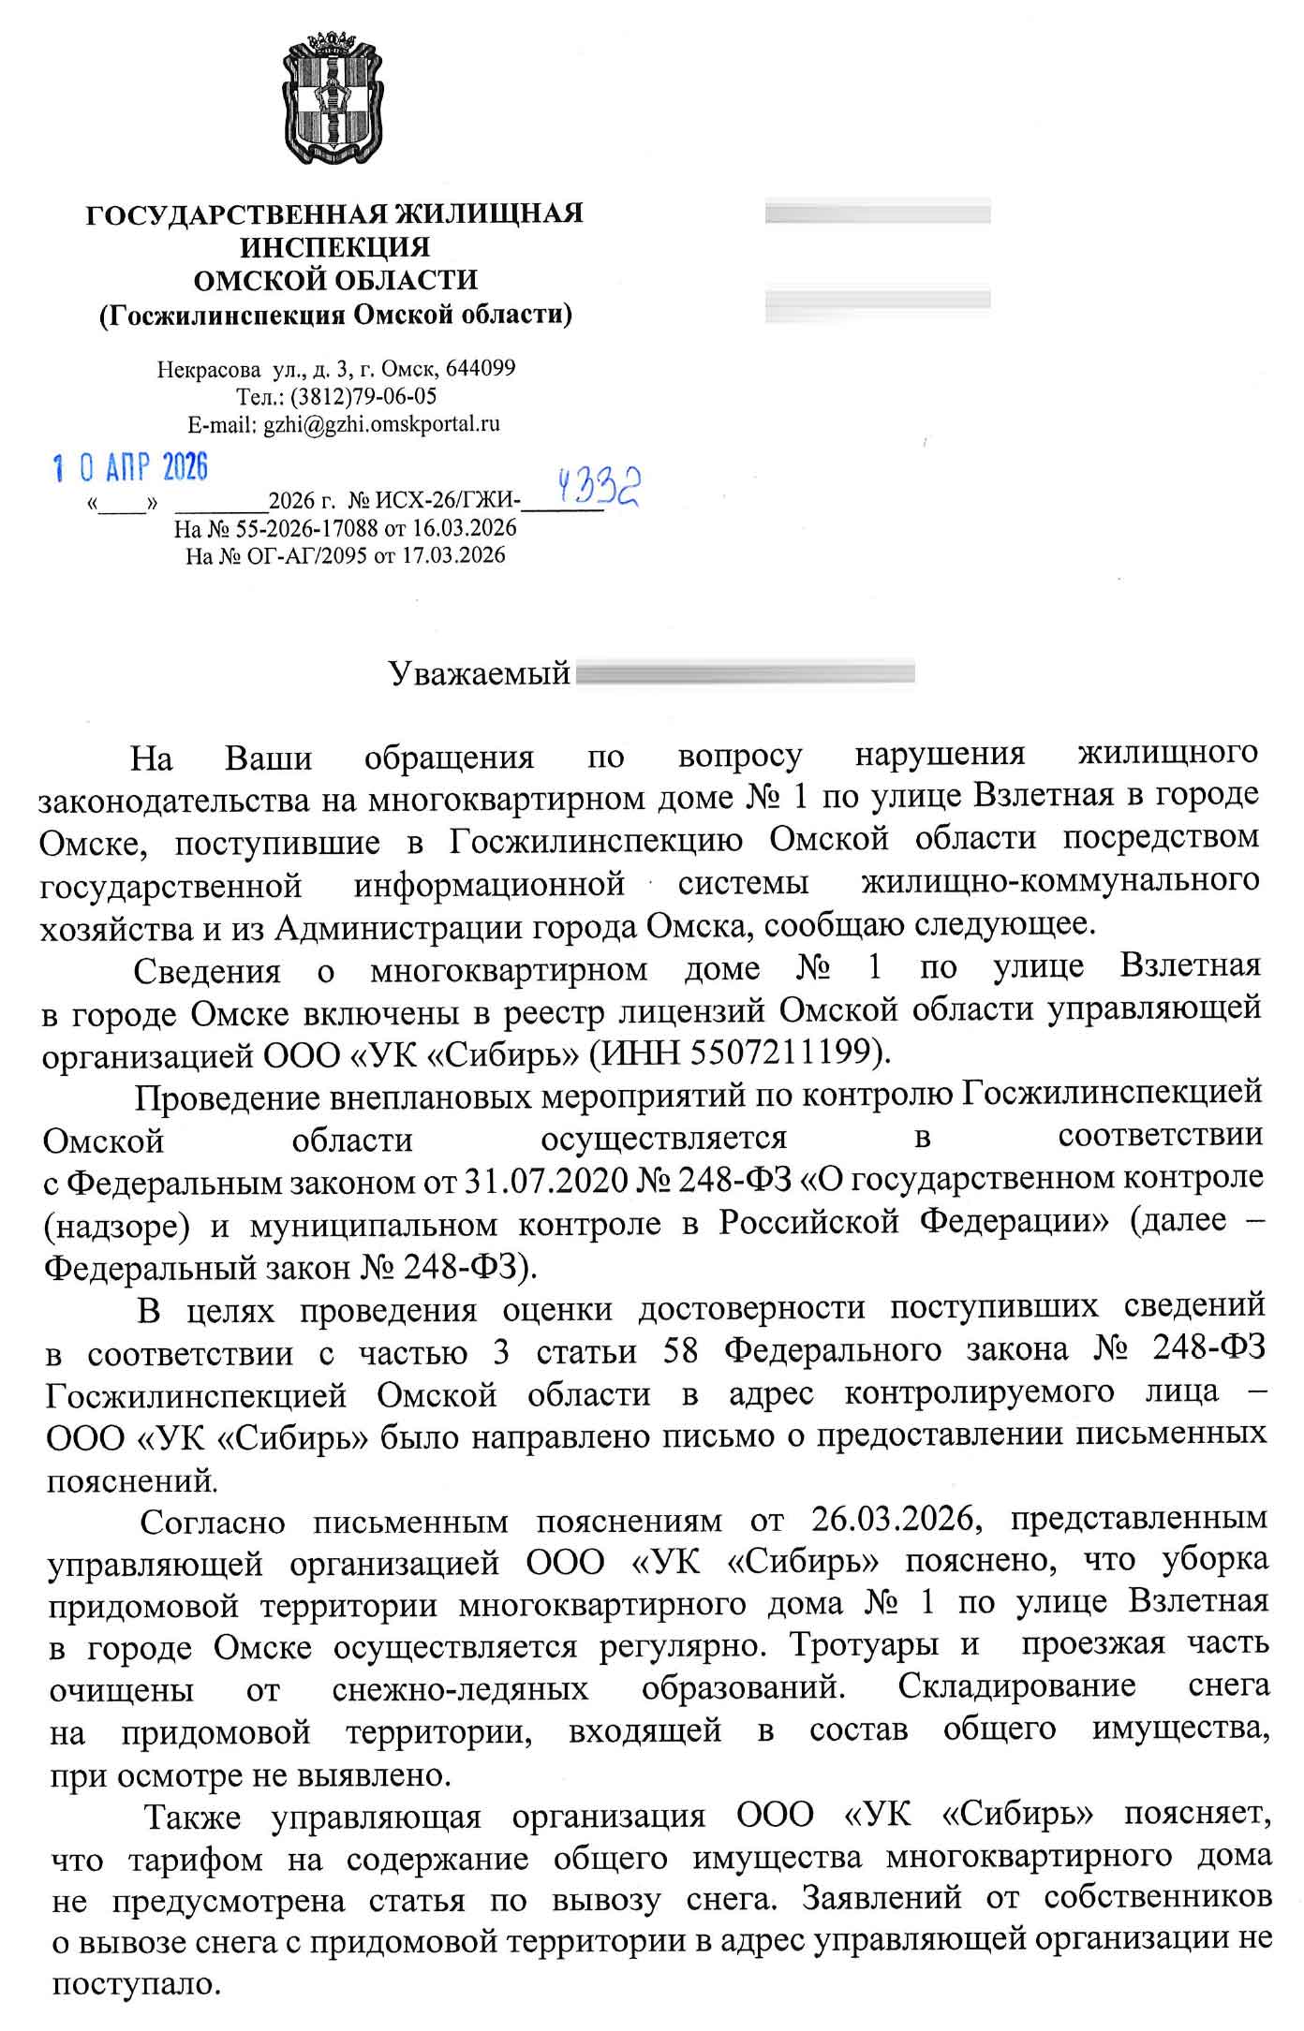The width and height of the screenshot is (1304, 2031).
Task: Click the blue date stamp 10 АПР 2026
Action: (130, 466)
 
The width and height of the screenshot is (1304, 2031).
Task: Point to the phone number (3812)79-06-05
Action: (363, 395)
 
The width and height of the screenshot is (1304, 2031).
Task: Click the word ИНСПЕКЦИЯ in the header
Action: (335, 247)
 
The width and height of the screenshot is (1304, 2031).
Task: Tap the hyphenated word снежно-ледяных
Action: (460, 1688)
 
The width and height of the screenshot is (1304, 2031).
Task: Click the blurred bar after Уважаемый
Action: (745, 673)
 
